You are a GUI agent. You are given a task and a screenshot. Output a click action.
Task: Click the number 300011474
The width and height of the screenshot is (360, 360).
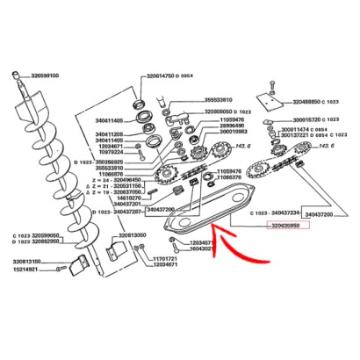click(300, 129)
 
